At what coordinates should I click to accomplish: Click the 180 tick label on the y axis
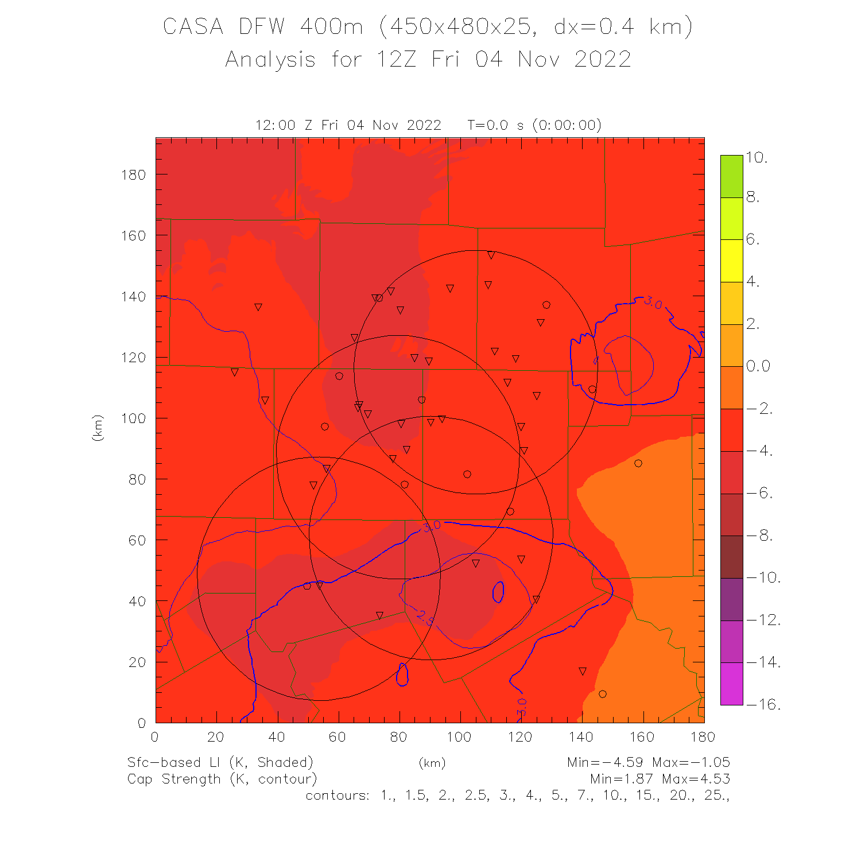coord(133,174)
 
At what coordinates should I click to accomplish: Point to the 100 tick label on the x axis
coord(459,737)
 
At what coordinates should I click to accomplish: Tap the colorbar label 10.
coord(757,157)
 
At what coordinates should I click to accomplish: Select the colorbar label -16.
coord(763,704)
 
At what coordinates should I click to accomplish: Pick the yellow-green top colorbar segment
coord(731,176)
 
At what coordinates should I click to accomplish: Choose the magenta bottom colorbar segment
coord(731,684)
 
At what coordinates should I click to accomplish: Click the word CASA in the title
coord(193,27)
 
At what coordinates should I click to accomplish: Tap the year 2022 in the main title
coord(602,60)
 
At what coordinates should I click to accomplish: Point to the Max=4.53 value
coord(696,779)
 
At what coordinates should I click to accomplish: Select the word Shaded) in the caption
coord(285,762)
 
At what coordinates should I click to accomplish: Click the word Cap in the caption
coord(142,779)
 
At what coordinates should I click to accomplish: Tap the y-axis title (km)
coord(98,428)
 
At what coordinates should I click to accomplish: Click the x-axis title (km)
coord(432,763)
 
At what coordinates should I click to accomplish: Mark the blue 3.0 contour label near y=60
coord(431,526)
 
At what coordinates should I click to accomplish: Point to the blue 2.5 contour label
coord(424,617)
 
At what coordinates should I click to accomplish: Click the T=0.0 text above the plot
coord(488,125)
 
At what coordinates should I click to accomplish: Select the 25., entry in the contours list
coord(716,796)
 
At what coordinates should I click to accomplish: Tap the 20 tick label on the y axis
coord(137,662)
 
